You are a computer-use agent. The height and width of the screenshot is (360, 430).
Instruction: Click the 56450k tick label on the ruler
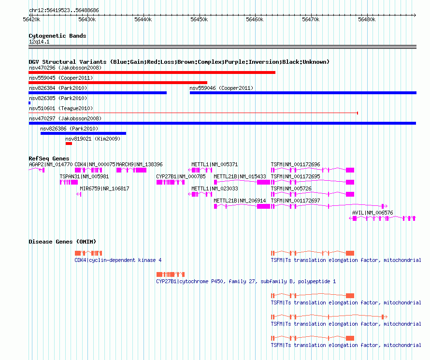(199, 19)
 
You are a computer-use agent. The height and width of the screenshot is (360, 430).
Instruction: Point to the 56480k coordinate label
(367, 19)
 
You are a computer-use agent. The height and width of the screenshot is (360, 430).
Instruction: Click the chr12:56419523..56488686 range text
(64, 10)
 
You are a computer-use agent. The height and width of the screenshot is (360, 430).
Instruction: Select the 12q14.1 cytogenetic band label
(39, 42)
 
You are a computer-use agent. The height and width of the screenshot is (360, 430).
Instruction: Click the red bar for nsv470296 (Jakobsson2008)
(152, 72)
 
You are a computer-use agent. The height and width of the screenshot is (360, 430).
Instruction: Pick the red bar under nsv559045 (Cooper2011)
(118, 83)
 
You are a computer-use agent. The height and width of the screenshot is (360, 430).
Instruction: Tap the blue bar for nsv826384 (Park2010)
(98, 93)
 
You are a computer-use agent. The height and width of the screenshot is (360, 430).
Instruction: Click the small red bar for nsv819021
(69, 144)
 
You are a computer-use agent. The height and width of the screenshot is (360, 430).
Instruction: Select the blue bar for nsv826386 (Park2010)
(84, 133)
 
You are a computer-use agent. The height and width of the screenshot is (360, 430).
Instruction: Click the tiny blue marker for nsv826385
(29, 103)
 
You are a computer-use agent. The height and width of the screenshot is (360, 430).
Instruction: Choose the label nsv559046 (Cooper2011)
(221, 88)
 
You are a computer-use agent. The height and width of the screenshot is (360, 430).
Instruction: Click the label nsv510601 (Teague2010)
(61, 108)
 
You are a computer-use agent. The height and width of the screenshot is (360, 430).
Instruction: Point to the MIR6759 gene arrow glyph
(79, 194)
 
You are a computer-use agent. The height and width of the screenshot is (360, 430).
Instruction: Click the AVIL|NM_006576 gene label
(373, 213)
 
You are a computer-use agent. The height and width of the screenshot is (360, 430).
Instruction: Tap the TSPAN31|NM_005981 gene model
(69, 182)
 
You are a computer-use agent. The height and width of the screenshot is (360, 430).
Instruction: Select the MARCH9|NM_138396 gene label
(139, 164)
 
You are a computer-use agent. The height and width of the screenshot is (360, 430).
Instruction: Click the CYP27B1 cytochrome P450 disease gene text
(246, 281)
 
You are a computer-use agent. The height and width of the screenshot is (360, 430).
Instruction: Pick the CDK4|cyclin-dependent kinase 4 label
(118, 260)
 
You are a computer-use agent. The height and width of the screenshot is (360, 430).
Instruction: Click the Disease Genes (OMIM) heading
(62, 242)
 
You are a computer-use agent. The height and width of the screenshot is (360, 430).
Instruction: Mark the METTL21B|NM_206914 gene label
(240, 201)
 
